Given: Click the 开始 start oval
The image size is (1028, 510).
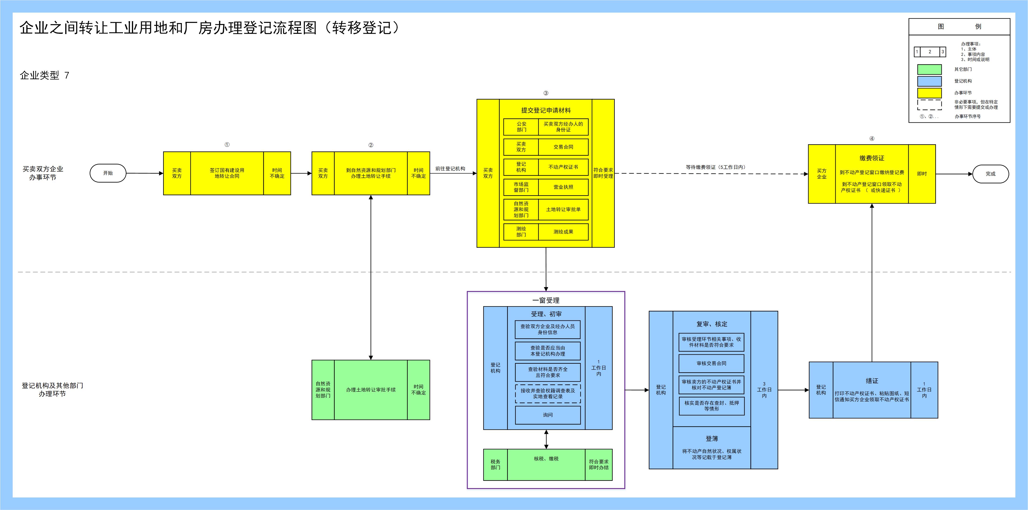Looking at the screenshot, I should (108, 173).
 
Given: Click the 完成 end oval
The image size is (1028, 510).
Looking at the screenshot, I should (990, 174).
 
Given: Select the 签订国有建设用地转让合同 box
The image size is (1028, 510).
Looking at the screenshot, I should (227, 173).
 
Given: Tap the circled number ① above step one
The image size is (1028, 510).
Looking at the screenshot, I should (227, 145).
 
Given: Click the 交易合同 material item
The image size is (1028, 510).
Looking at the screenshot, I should (563, 147).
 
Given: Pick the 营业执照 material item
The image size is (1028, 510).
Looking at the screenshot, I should (563, 187).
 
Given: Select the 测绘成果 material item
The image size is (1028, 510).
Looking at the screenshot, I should (563, 232).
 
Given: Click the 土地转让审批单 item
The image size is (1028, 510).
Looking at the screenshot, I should (563, 209).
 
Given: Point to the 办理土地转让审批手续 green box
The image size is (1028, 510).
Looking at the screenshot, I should (371, 390).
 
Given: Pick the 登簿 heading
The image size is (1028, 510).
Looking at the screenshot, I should (712, 438).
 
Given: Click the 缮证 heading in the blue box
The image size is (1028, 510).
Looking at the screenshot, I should (872, 381).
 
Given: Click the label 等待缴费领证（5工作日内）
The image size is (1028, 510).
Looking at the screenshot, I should (715, 167).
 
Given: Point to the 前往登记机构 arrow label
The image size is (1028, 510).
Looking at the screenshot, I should (450, 169).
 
